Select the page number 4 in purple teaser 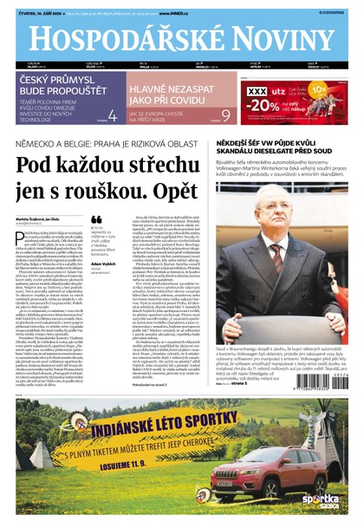click(x=113, y=114)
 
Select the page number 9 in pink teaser click(x=226, y=114)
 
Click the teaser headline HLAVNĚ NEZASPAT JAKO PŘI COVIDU click(x=173, y=90)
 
